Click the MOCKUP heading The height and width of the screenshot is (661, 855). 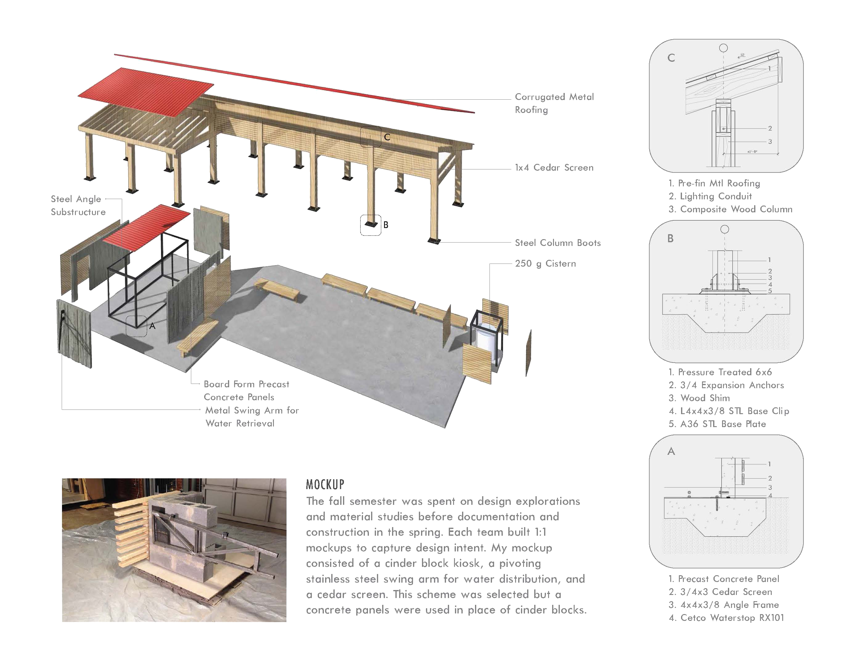click(x=325, y=484)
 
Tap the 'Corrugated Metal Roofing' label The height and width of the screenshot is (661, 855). click(x=554, y=103)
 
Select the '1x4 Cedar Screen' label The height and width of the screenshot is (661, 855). click(x=554, y=168)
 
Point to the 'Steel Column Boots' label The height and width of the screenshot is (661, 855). click(x=557, y=243)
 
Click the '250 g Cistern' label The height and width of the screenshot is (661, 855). click(x=545, y=264)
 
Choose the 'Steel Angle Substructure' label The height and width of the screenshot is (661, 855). click(x=78, y=205)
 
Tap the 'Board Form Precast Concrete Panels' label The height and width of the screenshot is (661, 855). click(x=246, y=390)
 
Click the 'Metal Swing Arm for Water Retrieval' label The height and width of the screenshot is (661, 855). click(x=252, y=417)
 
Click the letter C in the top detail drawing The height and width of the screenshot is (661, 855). click(x=671, y=58)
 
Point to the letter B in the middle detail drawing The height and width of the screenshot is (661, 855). click(x=671, y=239)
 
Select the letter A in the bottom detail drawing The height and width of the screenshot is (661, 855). click(x=671, y=451)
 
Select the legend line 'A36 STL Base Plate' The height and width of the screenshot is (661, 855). click(x=717, y=424)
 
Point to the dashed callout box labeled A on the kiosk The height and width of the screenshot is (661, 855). click(x=136, y=326)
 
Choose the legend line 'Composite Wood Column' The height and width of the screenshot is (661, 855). click(x=730, y=209)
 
